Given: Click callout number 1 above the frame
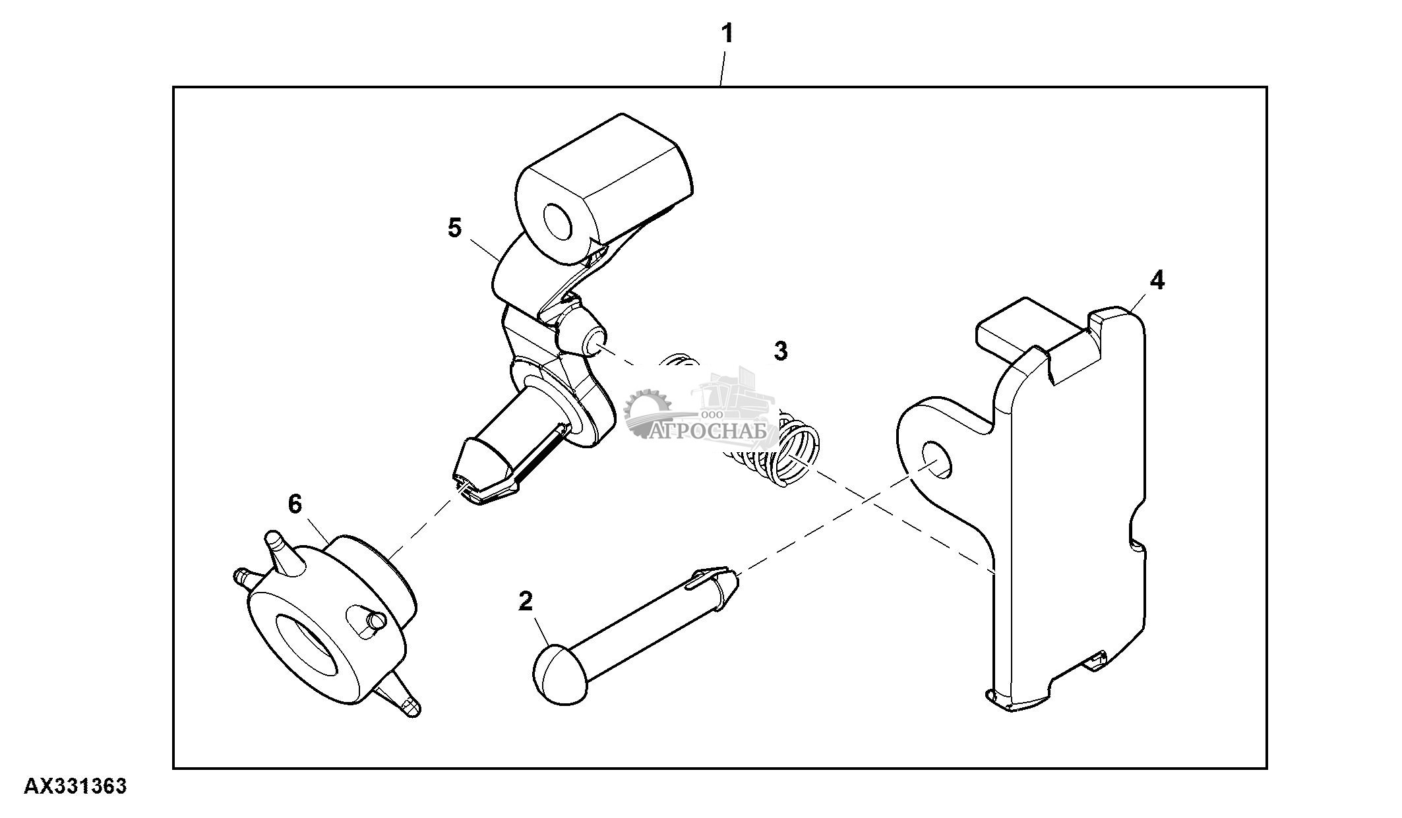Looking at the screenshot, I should (x=727, y=32).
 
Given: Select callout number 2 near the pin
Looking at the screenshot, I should (x=525, y=601).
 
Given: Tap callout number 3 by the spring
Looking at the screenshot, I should (x=780, y=351).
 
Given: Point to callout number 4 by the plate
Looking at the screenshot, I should (x=1157, y=281).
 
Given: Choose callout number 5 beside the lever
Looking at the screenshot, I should (x=454, y=228).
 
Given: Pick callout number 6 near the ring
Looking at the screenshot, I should (x=295, y=505).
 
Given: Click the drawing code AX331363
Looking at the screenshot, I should (x=75, y=786).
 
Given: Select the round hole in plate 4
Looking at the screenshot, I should (x=937, y=459).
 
